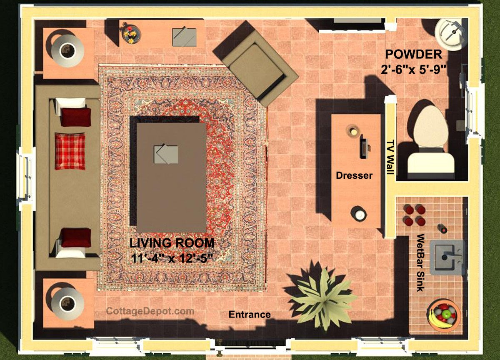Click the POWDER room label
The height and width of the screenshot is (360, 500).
point(414,54)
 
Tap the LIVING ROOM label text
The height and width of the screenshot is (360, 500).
point(172,243)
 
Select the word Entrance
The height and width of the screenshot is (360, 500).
point(250,315)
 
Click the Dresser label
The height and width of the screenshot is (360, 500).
point(354,175)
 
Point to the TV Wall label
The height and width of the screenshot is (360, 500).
point(390,157)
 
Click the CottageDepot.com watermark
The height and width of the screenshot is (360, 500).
point(150,311)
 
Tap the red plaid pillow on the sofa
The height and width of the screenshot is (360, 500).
point(70,151)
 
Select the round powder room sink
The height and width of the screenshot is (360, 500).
point(448,35)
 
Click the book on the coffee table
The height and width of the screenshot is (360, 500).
point(166,154)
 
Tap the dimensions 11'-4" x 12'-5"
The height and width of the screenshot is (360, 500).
point(172,258)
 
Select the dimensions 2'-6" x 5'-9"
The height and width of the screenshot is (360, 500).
point(414,70)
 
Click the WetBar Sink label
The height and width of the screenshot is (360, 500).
point(420,262)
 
